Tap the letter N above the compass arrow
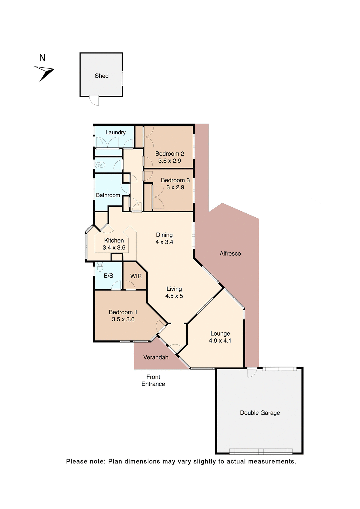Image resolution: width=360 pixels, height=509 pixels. point(42,58)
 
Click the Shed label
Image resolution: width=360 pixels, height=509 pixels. point(102,76)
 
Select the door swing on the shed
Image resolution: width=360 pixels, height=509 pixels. point(94,100)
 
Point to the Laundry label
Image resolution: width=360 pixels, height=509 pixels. point(115,132)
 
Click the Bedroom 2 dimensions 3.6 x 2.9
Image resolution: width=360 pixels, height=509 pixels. point(169,161)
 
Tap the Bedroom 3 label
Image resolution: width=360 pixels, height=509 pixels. point(175,180)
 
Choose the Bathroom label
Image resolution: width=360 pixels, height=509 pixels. point(108,195)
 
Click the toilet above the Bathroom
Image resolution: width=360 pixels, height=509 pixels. point(100,165)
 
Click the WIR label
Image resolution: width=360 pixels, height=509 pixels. point(136,276)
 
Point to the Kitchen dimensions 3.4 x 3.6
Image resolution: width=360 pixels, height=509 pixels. point(114,247)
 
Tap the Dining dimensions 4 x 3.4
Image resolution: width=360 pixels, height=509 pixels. point(164,242)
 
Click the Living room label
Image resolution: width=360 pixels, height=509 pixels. point(174,289)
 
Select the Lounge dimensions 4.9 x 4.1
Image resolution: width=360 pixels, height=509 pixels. point(220,340)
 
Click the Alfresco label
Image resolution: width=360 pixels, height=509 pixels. point(230,253)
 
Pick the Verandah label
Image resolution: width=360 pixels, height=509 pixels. point(156,357)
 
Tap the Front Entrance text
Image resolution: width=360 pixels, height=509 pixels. point(153,380)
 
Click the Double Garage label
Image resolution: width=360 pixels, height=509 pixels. point(260,413)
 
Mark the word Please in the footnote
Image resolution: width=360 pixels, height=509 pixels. point(77,462)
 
